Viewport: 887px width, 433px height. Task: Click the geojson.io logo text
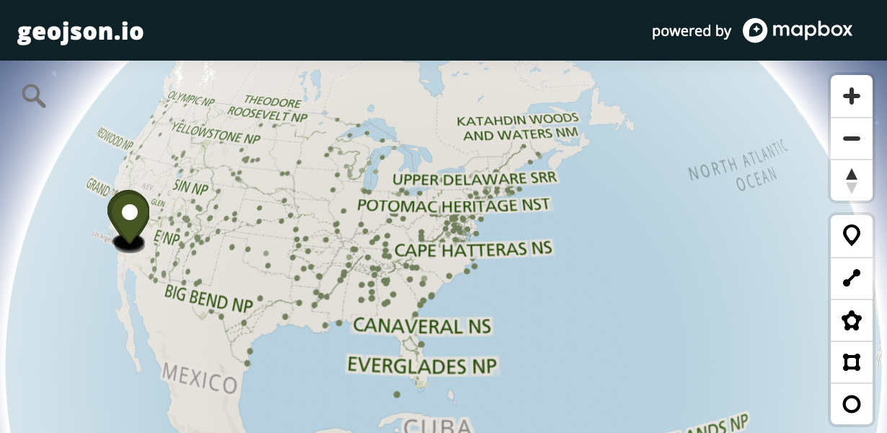click(80, 32)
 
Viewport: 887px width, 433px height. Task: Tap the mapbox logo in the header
click(798, 30)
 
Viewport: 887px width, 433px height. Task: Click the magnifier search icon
click(33, 95)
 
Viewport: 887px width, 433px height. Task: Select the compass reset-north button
click(852, 180)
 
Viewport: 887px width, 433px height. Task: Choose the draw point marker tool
click(852, 235)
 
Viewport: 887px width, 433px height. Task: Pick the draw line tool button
click(852, 278)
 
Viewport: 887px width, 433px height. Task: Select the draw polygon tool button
click(852, 320)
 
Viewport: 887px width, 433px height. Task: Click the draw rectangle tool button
click(852, 362)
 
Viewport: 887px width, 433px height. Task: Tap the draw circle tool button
click(852, 403)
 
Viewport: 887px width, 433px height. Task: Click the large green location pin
click(128, 214)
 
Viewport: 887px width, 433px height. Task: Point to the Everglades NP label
click(422, 365)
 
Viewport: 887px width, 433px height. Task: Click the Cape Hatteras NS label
click(473, 250)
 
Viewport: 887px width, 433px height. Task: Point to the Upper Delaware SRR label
click(475, 179)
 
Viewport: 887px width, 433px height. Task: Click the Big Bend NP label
click(208, 298)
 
